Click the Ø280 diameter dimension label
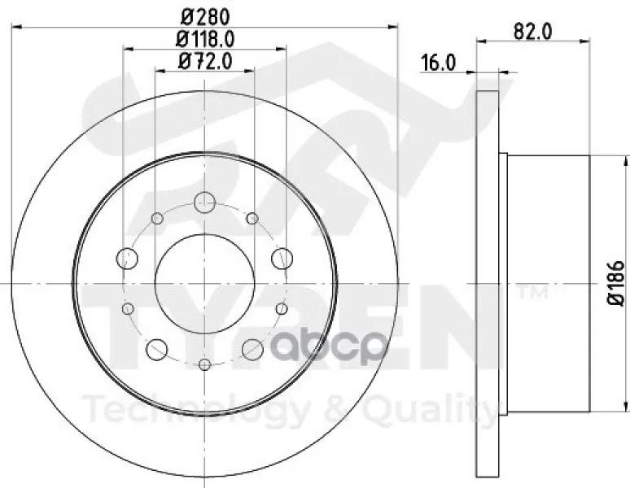[x=205, y=17]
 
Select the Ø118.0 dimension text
[x=205, y=39]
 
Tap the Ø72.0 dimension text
[x=205, y=61]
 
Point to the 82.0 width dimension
[x=533, y=32]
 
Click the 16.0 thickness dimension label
[x=438, y=63]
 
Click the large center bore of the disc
[x=205, y=283]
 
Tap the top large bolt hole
[x=205, y=203]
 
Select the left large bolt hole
[x=127, y=259]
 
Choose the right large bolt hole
[x=282, y=259]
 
